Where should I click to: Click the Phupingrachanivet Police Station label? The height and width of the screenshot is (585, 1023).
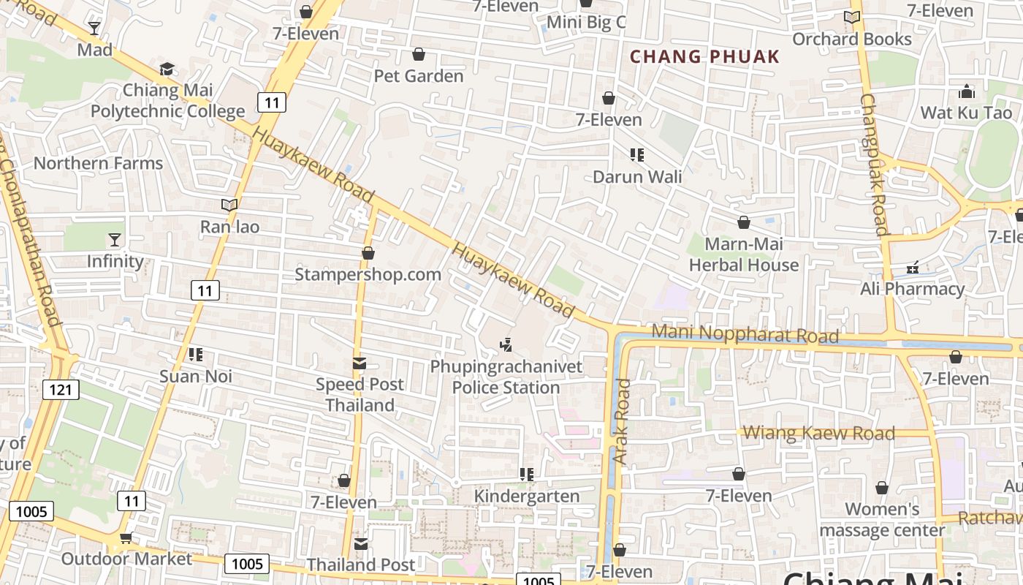tap(506, 377)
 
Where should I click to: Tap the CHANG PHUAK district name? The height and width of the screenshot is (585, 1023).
tap(704, 56)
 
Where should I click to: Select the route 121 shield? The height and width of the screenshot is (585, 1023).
tap(61, 390)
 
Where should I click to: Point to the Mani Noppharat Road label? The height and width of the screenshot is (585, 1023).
tap(745, 333)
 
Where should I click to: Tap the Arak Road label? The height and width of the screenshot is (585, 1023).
tap(622, 422)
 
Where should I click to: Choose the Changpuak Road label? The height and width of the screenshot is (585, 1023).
tap(874, 164)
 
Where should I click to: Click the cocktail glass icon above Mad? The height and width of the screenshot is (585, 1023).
tap(94, 29)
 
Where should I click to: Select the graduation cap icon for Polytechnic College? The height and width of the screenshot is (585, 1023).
tap(167, 69)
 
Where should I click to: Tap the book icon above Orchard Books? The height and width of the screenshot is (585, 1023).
tap(852, 18)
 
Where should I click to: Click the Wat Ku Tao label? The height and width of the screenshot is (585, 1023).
tap(966, 113)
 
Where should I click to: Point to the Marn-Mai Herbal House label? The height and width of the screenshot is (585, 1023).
tap(744, 254)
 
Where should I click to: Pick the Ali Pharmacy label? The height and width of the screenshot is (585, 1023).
tap(912, 289)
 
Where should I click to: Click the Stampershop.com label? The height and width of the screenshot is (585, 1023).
tap(368, 275)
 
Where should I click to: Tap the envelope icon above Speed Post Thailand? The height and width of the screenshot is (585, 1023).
tap(359, 363)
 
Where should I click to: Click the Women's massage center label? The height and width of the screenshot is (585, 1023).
tap(882, 519)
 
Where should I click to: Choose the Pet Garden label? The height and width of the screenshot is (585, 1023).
tap(419, 76)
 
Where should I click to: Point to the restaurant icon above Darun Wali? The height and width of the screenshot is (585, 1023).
tap(636, 155)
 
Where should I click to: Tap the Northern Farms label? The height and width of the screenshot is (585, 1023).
tap(98, 163)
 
